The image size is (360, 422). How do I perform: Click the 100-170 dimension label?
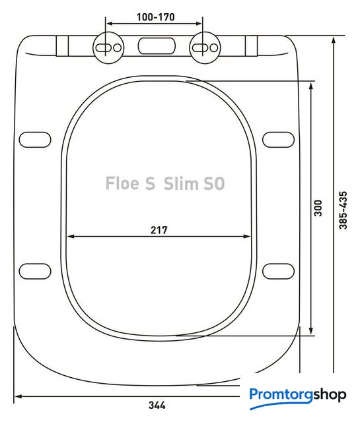tap(156, 17)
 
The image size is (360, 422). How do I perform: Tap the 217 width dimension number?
tap(159, 230)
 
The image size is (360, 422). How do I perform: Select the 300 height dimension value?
tap(318, 208)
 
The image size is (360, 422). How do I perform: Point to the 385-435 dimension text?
tap(343, 210)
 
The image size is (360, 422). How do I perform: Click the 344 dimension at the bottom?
tap(157, 405)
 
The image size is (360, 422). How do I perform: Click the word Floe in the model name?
tap(122, 183)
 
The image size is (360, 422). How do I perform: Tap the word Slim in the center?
tap(181, 183)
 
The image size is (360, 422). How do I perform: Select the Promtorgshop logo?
tap(298, 396)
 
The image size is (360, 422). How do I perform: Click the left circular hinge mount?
tap(108, 48)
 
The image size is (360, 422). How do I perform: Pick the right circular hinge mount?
tap(205, 48)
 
